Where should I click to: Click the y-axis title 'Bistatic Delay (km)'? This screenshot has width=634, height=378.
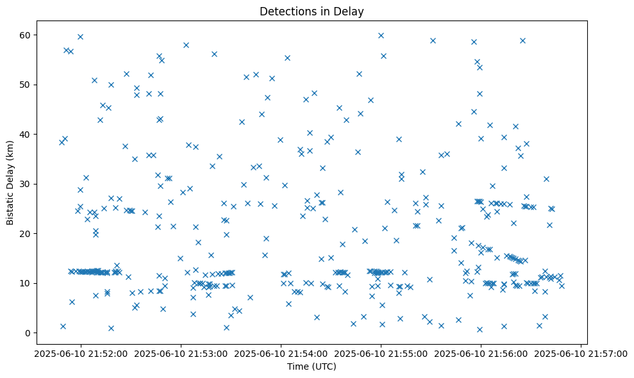pyautogui.click(x=10, y=183)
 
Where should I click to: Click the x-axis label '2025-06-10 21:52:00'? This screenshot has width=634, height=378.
pyautogui.click(x=80, y=353)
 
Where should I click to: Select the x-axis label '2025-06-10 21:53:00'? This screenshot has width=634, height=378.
pyautogui.click(x=180, y=353)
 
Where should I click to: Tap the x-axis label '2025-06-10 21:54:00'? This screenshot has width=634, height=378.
pyautogui.click(x=281, y=353)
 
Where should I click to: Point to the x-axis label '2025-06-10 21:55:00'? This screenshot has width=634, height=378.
pyautogui.click(x=381, y=353)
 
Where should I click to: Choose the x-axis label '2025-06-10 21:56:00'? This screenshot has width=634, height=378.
pyautogui.click(x=481, y=353)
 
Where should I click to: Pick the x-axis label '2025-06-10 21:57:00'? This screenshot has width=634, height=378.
pyautogui.click(x=581, y=353)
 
